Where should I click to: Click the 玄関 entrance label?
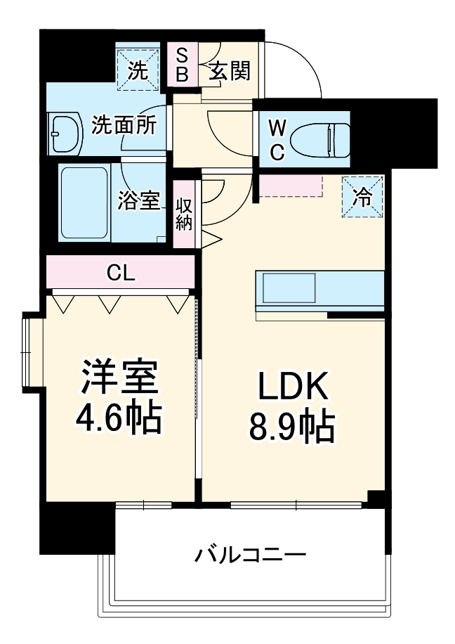click(x=230, y=70)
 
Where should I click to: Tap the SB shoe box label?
click(x=181, y=65)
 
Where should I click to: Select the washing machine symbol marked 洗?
click(x=138, y=69)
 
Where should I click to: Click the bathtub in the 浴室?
click(x=84, y=202)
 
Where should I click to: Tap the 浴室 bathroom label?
click(x=140, y=201)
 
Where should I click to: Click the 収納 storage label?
click(x=185, y=214)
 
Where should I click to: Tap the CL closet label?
click(x=121, y=273)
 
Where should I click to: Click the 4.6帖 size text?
click(x=119, y=418)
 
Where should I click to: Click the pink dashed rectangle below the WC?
click(x=289, y=186)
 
